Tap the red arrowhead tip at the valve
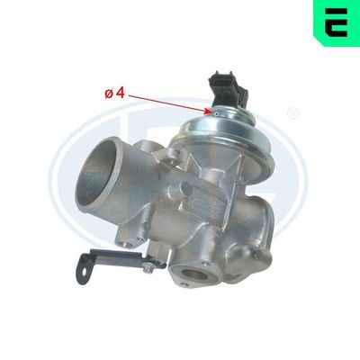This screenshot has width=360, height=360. click(213, 112)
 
